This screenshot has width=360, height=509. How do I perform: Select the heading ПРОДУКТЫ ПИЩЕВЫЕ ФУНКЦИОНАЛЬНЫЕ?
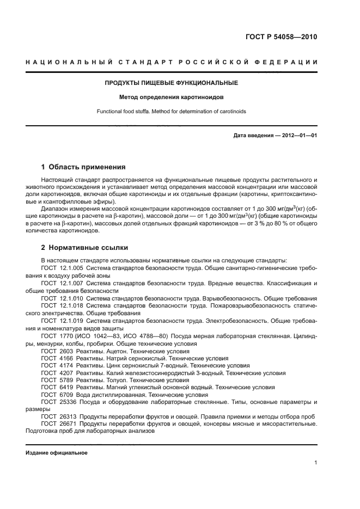pyautogui.click(x=171, y=83)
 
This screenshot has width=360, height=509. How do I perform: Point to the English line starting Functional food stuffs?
pyautogui.click(x=171, y=111)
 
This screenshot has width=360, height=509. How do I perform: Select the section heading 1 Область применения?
pyautogui.click(x=83, y=167)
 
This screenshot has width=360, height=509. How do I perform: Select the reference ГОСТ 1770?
pyautogui.click(x=53, y=336)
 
